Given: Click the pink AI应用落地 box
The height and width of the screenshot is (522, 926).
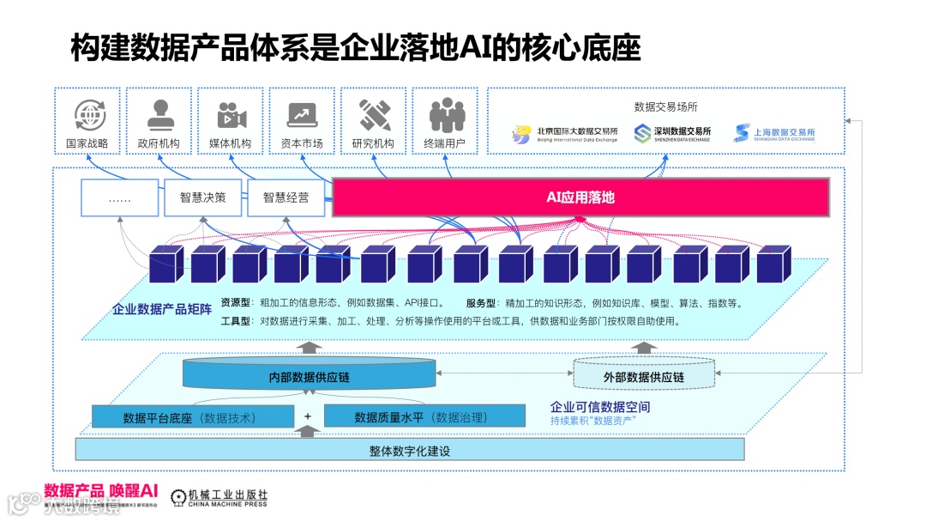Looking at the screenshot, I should point(580,198).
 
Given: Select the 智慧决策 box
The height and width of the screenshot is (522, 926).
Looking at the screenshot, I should point(203,198).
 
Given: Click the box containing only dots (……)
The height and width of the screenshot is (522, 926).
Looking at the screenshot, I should point(119,198).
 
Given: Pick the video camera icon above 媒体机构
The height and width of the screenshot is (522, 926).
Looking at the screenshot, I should point(231,115).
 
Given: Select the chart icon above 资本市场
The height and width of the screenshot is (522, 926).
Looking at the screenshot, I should point(302,115).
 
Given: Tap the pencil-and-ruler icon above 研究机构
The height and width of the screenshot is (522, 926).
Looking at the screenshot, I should point(374,115).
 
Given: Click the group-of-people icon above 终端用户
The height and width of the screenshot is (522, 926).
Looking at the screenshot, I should point(445,115).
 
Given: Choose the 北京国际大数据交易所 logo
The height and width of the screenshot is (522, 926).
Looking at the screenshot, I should point(564,134).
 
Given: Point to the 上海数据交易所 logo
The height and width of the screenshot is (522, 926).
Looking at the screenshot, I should point(773,134).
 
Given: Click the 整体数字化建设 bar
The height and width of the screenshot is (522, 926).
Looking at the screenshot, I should point(410,450).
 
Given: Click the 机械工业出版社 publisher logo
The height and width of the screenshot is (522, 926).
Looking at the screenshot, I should point(219,497).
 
